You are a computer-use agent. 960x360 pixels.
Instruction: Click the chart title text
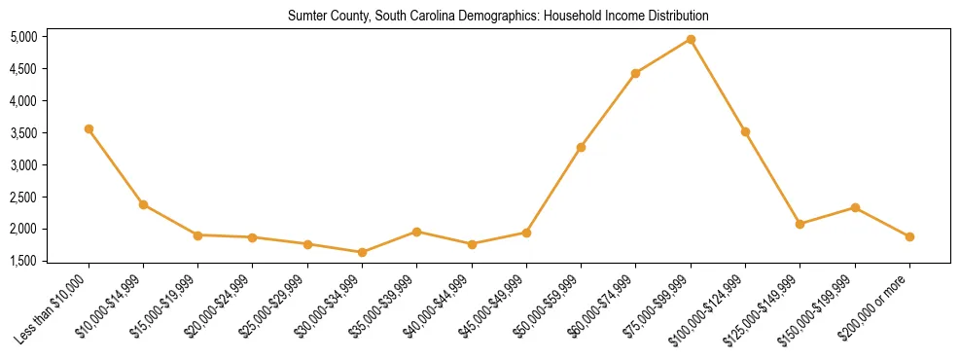coord(498,17)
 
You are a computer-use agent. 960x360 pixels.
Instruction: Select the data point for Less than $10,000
coord(89,128)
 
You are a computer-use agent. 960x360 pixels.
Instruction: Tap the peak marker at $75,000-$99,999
coord(691,39)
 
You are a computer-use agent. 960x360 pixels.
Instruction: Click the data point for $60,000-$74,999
coord(635,73)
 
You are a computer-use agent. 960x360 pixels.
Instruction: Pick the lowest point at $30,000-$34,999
coord(362,252)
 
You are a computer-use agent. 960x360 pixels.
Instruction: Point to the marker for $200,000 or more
coord(909,236)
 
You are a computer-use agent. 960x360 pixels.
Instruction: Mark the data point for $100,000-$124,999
coord(745,131)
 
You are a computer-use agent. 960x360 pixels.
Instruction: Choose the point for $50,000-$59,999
coord(581,147)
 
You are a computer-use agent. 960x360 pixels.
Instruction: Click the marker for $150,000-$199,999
coord(855,207)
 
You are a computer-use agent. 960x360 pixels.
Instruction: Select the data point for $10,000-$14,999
coord(143,204)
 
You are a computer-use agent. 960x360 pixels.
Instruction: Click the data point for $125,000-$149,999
coord(800,224)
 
